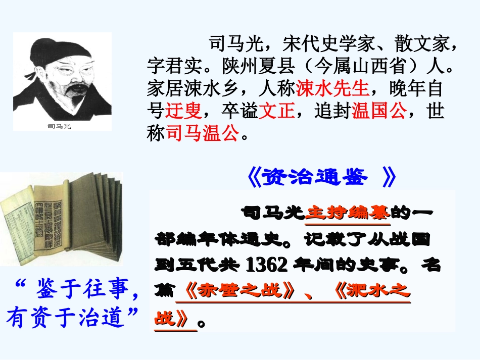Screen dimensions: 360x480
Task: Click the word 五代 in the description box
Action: click(x=202, y=264)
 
